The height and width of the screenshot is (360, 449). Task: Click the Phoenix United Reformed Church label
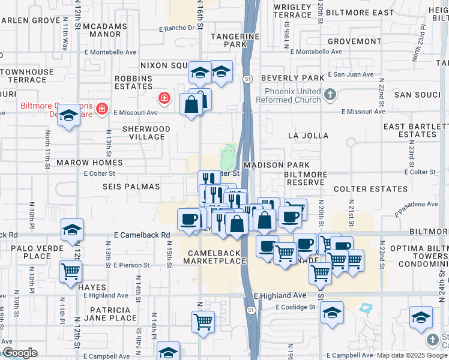coord(290,95)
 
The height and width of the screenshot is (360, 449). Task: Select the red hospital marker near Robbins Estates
coord(163,98)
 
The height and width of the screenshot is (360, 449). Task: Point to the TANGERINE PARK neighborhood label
coord(229,40)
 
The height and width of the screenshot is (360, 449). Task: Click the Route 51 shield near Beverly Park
coord(247,79)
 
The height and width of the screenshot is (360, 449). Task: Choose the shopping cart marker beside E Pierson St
coord(71,271)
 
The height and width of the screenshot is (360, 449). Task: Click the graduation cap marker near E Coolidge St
coord(332,313)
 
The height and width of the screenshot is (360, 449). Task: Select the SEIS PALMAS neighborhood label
coord(131,187)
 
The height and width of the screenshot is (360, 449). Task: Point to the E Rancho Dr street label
coord(178,28)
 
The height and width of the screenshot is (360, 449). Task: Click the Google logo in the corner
coord(20,353)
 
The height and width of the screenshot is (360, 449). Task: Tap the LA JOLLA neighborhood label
coord(309,136)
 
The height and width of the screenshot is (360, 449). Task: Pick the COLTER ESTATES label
coord(361,189)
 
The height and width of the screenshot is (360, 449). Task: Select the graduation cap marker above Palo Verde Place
coord(72,230)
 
